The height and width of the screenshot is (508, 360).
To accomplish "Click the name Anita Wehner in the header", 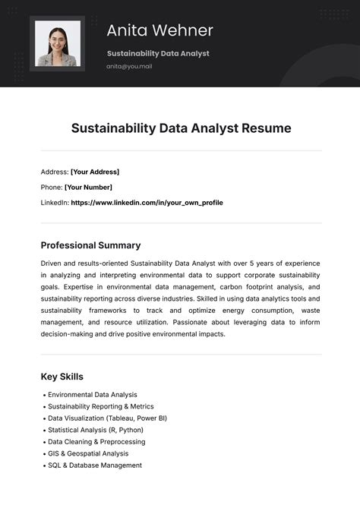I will click(159, 30).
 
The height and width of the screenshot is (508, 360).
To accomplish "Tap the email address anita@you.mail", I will click(129, 67).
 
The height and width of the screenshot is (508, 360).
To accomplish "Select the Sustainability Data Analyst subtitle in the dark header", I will click(158, 53).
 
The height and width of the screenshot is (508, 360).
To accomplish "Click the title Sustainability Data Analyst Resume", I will click(181, 128).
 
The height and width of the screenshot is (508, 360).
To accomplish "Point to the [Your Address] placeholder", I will click(95, 172).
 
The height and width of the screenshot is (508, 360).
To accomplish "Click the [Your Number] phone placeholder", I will click(88, 187).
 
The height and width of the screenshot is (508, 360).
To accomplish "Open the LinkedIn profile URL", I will click(147, 203).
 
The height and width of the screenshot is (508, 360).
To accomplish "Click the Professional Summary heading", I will click(90, 245).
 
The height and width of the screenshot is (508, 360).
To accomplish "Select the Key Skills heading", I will click(62, 377).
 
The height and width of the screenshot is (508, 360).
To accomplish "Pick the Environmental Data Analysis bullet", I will click(92, 395).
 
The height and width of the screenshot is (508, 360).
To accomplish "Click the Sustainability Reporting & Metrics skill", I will click(101, 406).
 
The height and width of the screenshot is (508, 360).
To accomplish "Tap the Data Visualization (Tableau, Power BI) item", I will click(107, 418).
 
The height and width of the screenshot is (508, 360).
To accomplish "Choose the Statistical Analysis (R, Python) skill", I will click(96, 430).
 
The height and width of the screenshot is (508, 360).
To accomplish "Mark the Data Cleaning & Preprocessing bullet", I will click(96, 442).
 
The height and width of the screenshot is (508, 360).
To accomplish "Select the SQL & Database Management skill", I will click(94, 465).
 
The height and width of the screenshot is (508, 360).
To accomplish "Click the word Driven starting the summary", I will click(52, 263).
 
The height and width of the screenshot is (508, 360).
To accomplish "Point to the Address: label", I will click(55, 172).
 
